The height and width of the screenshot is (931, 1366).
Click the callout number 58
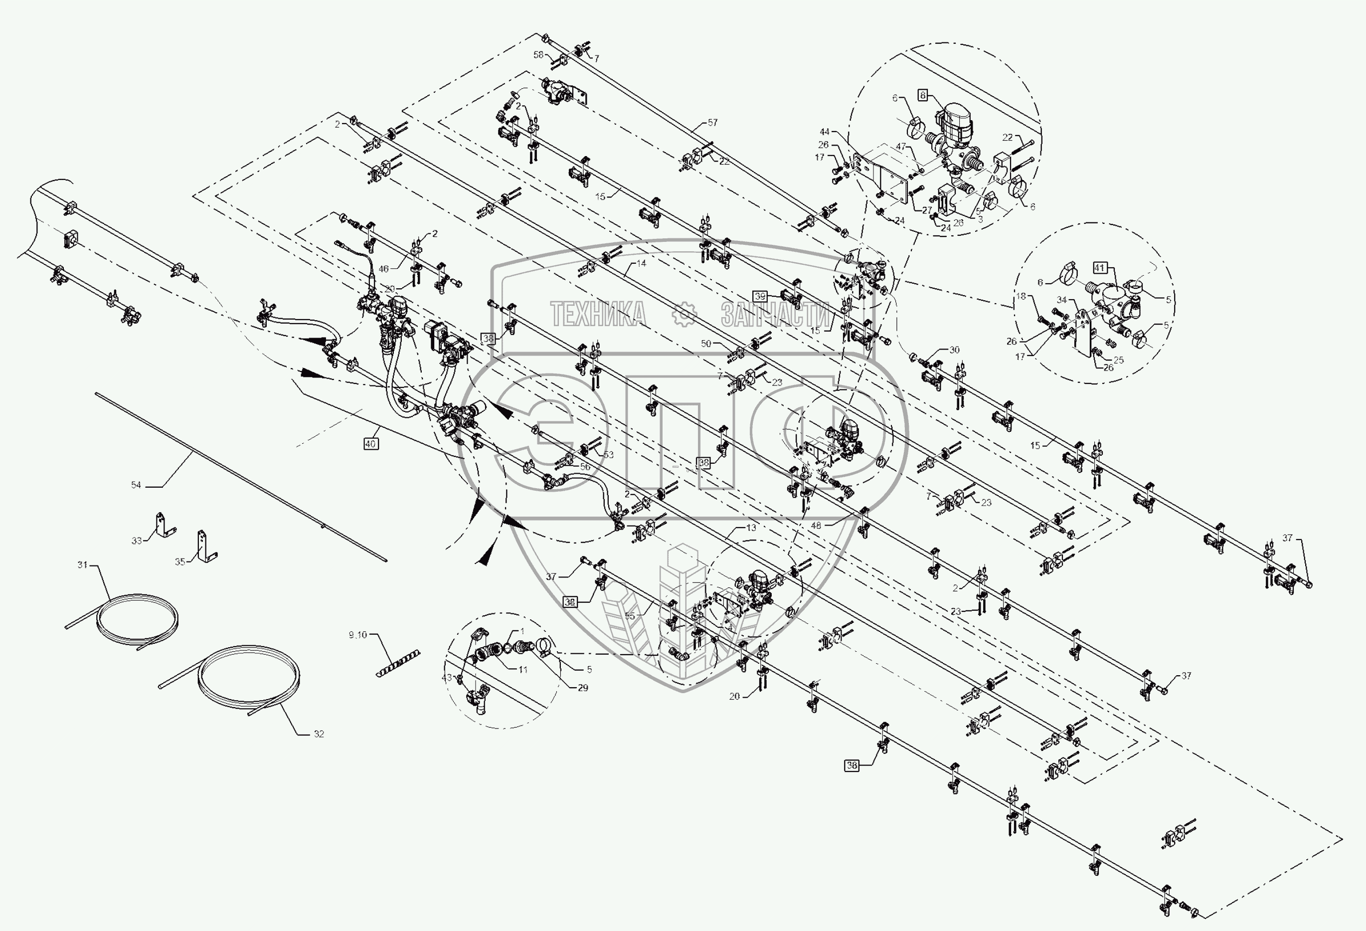(x=538, y=55)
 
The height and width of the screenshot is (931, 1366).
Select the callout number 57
(x=712, y=122)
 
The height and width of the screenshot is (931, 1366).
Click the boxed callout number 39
(x=760, y=296)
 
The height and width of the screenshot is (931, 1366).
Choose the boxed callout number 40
(x=370, y=444)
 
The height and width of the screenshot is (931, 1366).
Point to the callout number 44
(x=825, y=132)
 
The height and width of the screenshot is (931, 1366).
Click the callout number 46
(x=383, y=269)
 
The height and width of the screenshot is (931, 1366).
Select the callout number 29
(x=582, y=687)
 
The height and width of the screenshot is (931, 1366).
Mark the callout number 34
(x=1061, y=300)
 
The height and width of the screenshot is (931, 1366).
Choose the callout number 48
(x=816, y=526)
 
